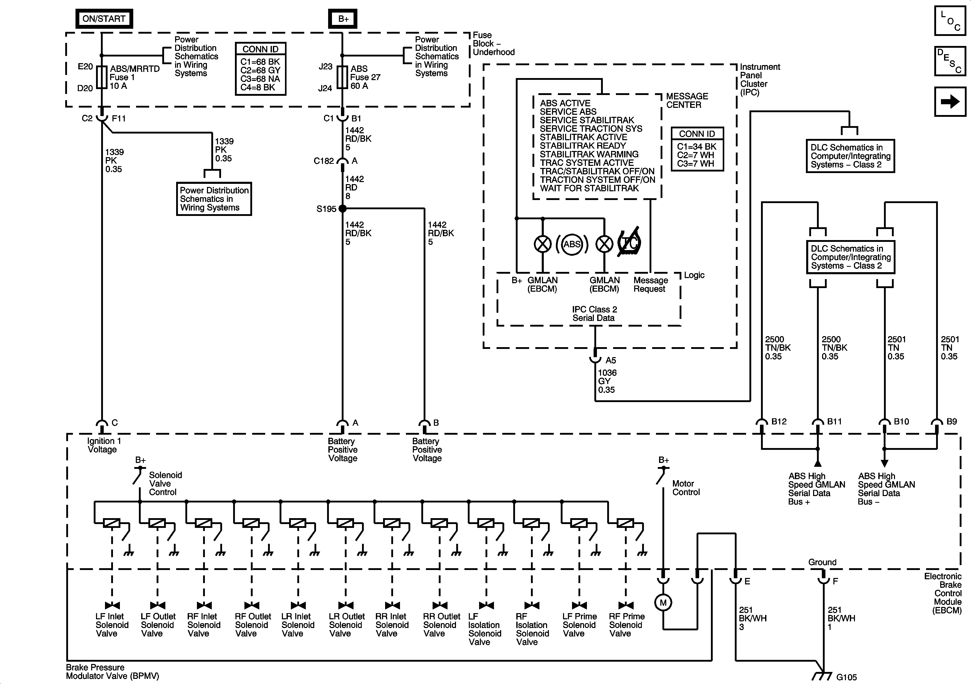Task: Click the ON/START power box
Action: coord(104,18)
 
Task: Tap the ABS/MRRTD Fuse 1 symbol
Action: coord(101,77)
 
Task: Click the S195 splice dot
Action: coord(342,208)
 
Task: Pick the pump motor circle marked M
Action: coord(663,602)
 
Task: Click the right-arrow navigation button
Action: coord(950,101)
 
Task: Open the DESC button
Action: coord(950,61)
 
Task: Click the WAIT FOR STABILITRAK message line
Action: coord(589,188)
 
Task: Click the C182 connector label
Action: coord(323,161)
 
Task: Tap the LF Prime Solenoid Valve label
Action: coord(579,625)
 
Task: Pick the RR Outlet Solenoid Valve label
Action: coord(441,625)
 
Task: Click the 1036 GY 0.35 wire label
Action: coord(607,381)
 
